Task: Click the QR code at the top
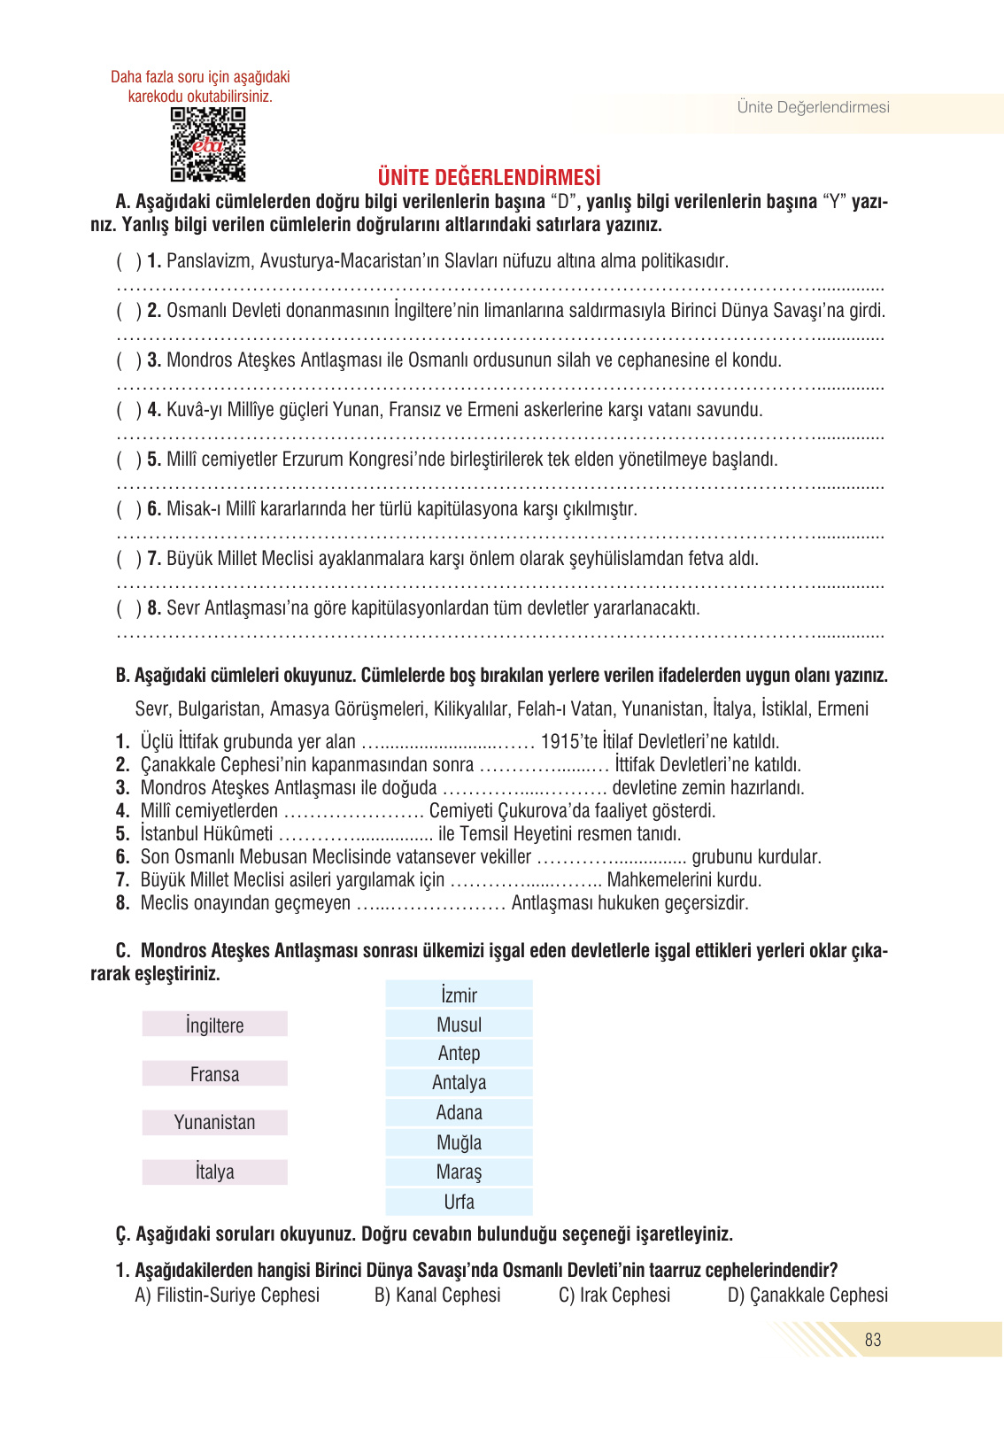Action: pyautogui.click(x=207, y=144)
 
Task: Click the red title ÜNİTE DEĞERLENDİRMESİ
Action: pyautogui.click(x=489, y=177)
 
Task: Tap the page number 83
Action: pyautogui.click(x=873, y=1340)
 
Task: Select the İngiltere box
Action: pyautogui.click(x=215, y=1025)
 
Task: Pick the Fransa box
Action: pyautogui.click(x=215, y=1074)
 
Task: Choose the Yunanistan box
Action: pyautogui.click(x=215, y=1122)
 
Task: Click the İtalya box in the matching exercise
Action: pyautogui.click(x=215, y=1172)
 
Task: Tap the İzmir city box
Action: pyautogui.click(x=459, y=994)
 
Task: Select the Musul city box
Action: pyautogui.click(x=459, y=1025)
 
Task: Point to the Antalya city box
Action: pyautogui.click(x=459, y=1082)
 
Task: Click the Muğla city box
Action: pyautogui.click(x=459, y=1142)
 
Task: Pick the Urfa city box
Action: pyautogui.click(x=459, y=1202)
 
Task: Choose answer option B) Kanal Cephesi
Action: pyautogui.click(x=437, y=1295)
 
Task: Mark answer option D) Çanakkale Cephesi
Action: pyautogui.click(x=807, y=1295)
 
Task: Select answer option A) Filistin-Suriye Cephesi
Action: pyautogui.click(x=228, y=1295)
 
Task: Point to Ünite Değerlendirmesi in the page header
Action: pyautogui.click(x=813, y=107)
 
